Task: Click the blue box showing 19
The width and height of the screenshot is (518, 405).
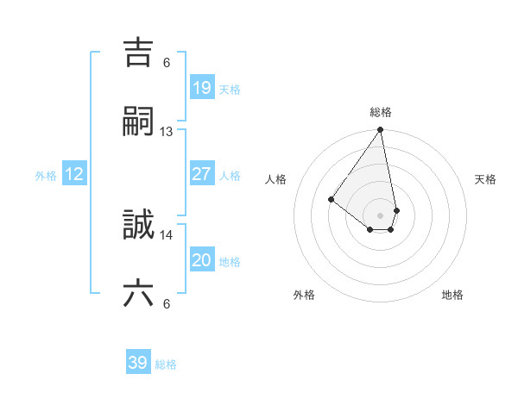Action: (x=201, y=87)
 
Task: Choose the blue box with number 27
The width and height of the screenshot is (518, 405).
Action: (x=201, y=174)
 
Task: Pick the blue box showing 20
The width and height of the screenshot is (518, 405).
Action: (x=201, y=260)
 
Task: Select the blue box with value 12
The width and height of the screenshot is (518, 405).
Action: (x=74, y=174)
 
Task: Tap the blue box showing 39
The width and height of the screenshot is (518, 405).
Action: (x=138, y=363)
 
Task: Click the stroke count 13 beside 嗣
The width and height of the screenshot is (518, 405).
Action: (x=167, y=132)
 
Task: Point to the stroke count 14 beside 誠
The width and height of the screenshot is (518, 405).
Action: (x=167, y=234)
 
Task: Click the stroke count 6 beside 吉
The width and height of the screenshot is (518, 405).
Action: (x=167, y=62)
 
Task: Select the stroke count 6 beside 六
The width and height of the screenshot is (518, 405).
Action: (x=167, y=303)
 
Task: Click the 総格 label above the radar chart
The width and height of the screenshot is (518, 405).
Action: (x=381, y=112)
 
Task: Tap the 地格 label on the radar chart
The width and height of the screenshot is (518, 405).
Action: (x=452, y=295)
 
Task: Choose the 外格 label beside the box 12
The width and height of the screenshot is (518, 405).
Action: (x=46, y=176)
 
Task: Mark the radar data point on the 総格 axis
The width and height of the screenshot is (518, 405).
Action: (x=380, y=130)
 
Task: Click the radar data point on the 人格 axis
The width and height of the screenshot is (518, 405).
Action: (x=331, y=199)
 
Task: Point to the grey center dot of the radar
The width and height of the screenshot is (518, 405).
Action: (x=380, y=215)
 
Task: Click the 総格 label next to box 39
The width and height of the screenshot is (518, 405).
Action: (x=166, y=364)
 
